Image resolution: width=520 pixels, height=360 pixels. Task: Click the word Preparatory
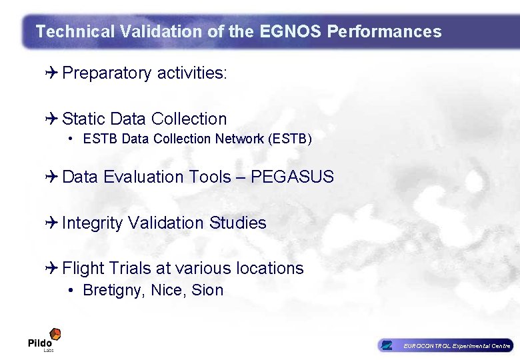(x=107, y=73)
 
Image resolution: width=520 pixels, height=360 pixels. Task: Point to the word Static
(x=83, y=119)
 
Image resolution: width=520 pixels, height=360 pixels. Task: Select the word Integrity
(x=92, y=223)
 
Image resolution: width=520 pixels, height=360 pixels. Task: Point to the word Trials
(x=129, y=269)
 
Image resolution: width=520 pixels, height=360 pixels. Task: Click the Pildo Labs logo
(x=45, y=339)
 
